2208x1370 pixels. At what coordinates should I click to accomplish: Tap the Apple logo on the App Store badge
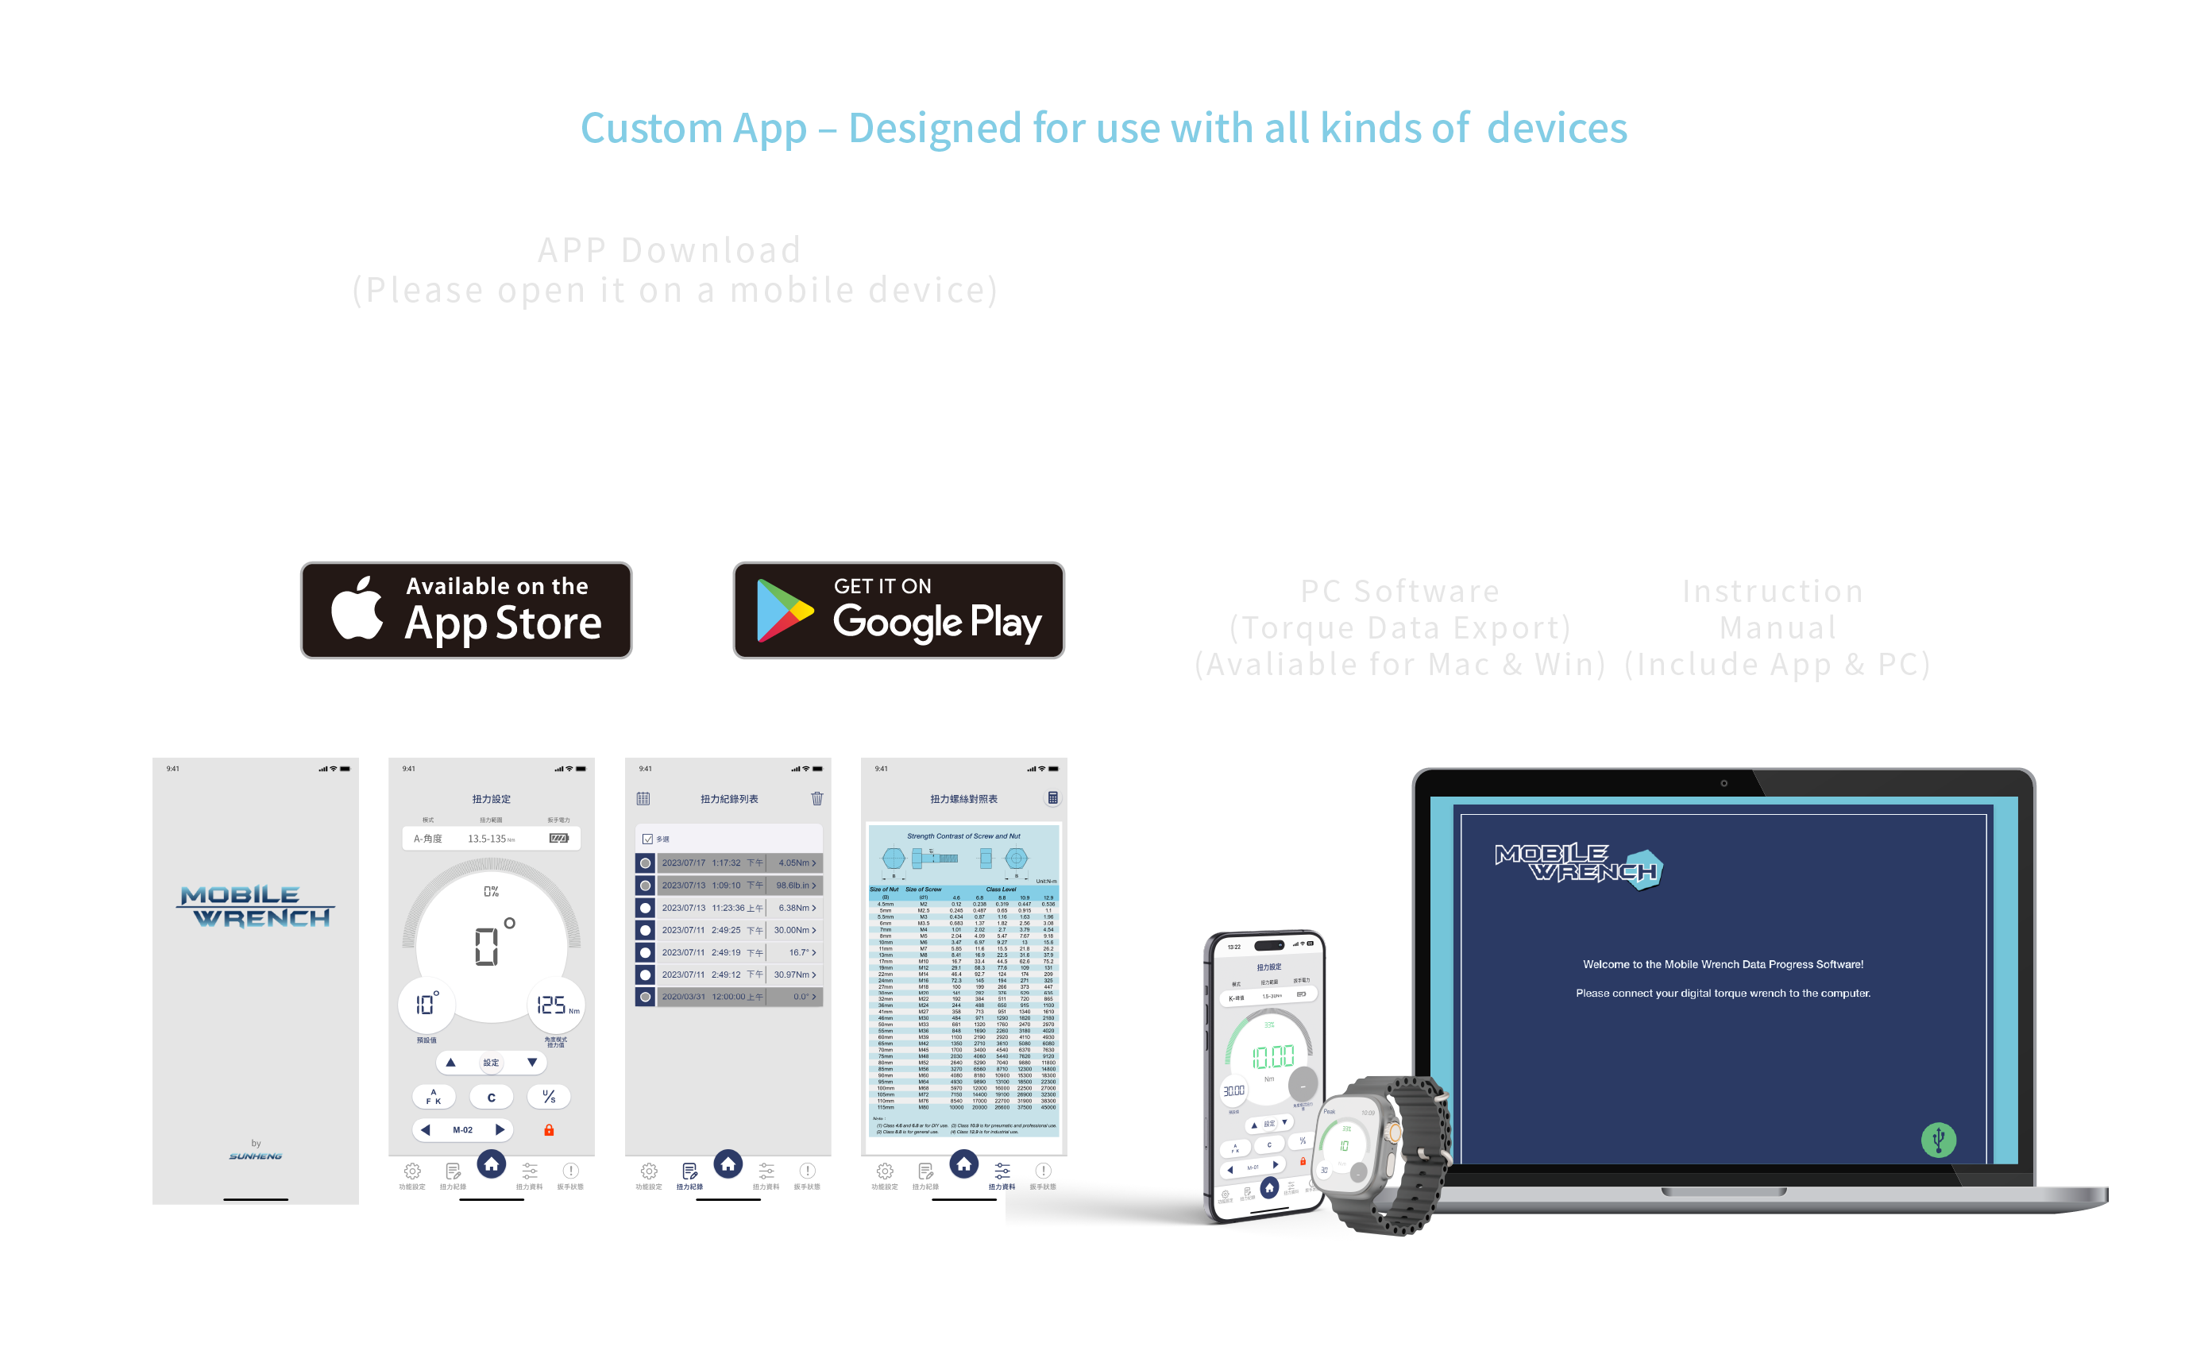356,609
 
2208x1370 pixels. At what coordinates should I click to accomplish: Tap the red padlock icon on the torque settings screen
548,1130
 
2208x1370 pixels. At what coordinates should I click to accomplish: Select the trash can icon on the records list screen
816,798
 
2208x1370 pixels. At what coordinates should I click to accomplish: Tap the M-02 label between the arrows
462,1130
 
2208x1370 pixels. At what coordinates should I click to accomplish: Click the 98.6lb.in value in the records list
794,886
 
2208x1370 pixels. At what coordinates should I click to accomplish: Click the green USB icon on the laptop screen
1937,1139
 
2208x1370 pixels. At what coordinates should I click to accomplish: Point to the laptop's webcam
1724,783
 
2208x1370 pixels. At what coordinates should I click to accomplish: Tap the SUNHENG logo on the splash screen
256,1156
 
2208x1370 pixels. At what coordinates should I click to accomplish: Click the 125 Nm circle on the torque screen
554,1005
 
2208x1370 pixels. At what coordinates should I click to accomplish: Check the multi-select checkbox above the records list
647,839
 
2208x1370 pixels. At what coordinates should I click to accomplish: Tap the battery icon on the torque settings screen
558,838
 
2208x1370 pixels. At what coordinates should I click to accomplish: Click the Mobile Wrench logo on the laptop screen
1577,866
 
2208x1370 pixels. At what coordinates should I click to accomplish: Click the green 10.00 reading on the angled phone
1272,1056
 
